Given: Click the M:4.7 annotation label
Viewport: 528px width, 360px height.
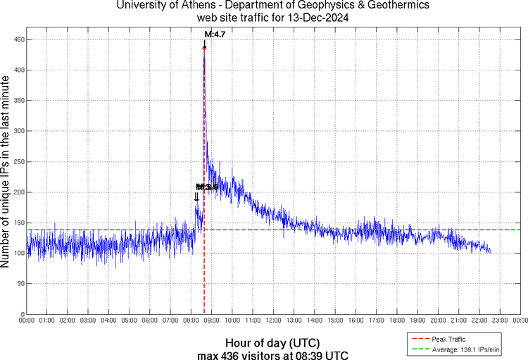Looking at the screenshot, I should [214, 34].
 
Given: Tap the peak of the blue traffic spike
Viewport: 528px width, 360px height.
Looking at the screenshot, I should [204, 48].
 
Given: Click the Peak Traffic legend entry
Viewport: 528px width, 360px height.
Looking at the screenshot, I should [451, 339].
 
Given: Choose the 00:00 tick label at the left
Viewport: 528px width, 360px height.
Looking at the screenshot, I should [27, 321].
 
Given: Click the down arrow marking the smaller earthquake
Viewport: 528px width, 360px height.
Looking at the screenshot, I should [196, 197].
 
